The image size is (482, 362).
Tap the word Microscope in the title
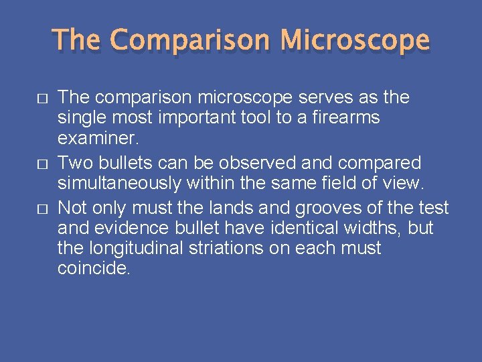(x=355, y=40)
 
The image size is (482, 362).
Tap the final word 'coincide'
(x=94, y=269)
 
